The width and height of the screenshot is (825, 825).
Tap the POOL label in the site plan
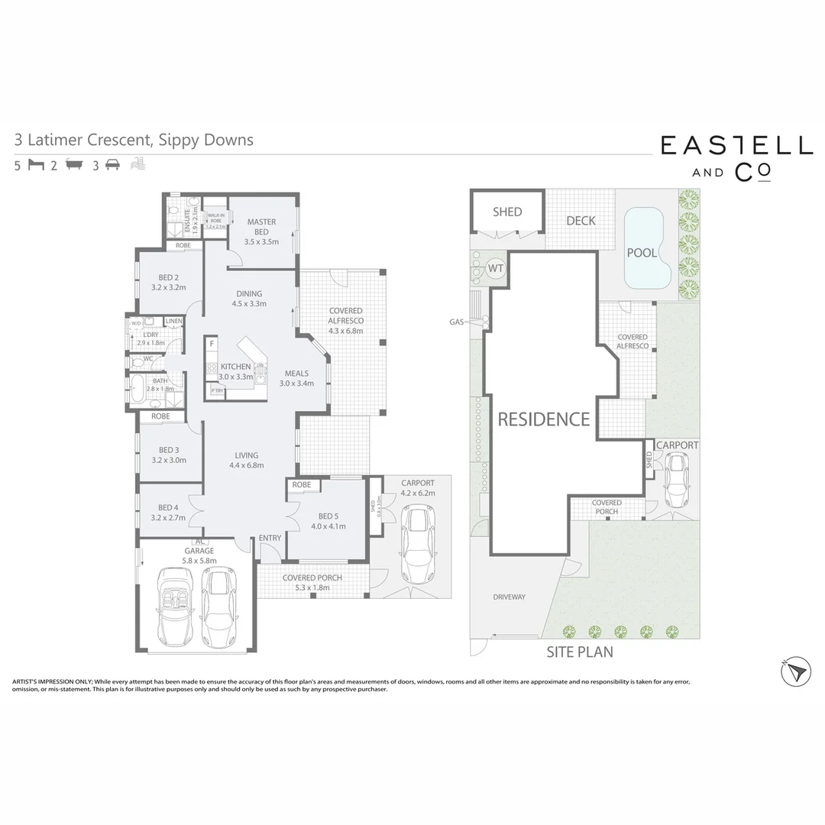pyautogui.click(x=642, y=253)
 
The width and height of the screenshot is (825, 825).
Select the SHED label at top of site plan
pyautogui.click(x=507, y=212)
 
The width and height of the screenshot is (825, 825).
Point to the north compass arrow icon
pyautogui.click(x=795, y=671)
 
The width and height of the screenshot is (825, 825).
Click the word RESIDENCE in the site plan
pyautogui.click(x=544, y=419)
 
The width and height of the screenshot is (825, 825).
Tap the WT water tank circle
pyautogui.click(x=496, y=269)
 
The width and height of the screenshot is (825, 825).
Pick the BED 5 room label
pyautogui.click(x=328, y=521)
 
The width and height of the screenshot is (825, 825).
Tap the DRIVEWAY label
pyautogui.click(x=509, y=597)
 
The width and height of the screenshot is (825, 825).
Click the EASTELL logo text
pyautogui.click(x=736, y=145)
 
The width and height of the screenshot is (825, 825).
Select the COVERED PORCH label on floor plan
pyautogui.click(x=312, y=578)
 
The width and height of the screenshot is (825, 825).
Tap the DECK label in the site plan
pyautogui.click(x=581, y=221)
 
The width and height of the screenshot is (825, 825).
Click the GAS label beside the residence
pyautogui.click(x=457, y=322)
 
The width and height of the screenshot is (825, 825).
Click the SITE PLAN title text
pyautogui.click(x=579, y=652)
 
